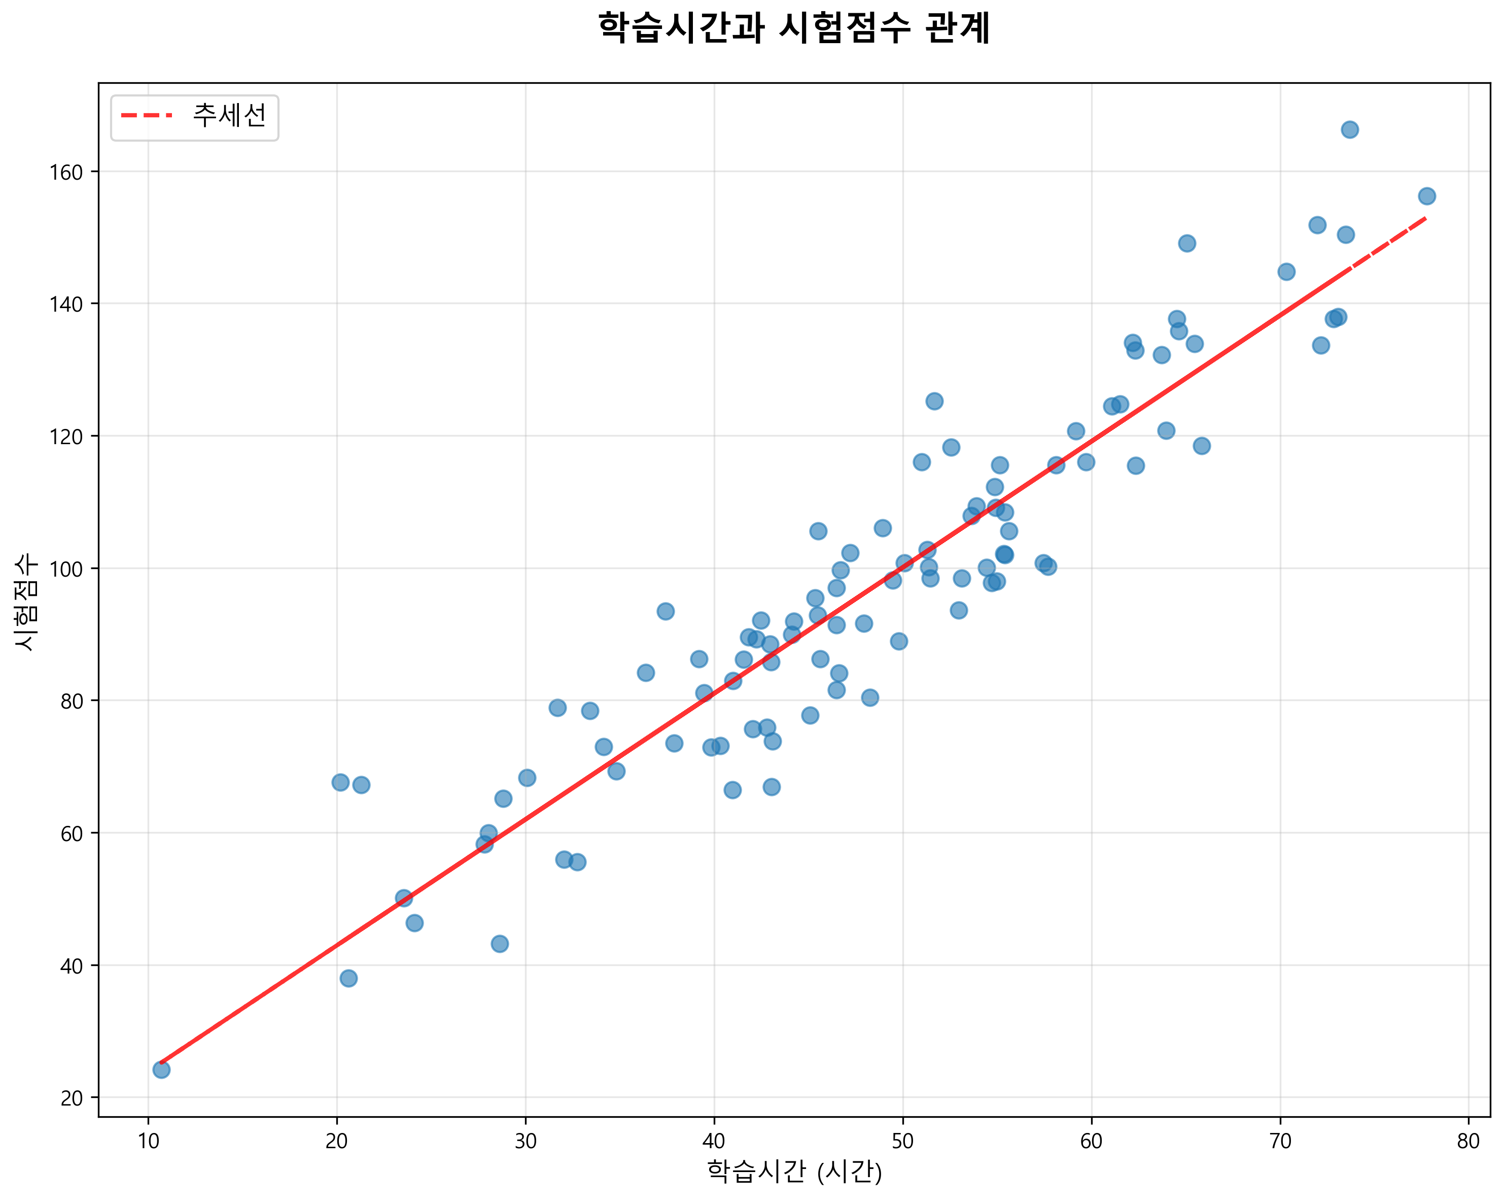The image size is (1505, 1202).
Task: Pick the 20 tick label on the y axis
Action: click(71, 1098)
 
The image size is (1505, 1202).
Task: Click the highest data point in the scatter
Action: click(1349, 130)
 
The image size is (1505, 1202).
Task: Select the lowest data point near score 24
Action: click(161, 1070)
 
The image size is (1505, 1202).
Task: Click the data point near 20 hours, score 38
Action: click(348, 978)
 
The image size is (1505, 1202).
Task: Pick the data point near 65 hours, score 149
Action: click(1186, 243)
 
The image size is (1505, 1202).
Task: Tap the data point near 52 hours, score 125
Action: click(934, 401)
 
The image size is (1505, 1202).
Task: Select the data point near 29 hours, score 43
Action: click(500, 944)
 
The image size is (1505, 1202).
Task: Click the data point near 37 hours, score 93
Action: click(665, 611)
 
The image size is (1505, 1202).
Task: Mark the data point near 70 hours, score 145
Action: click(1286, 272)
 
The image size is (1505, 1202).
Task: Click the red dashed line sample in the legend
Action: click(147, 116)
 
